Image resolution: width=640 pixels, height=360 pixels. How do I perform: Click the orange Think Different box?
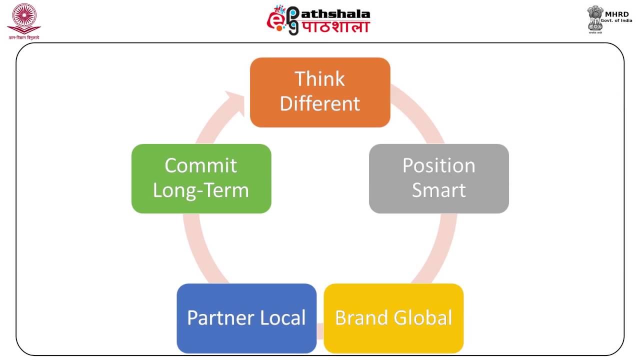320,92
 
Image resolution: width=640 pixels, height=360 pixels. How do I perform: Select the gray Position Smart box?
438,178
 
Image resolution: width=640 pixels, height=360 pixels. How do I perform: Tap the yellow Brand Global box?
393,318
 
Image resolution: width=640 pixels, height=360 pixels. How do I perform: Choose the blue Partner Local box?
246,318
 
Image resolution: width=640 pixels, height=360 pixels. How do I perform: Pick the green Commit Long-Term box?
201,178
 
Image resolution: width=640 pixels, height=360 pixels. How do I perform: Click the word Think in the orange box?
319,79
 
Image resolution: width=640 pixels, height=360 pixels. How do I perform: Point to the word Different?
320,104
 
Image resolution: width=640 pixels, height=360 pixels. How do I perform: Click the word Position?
438,166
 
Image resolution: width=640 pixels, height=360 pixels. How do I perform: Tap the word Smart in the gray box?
438,190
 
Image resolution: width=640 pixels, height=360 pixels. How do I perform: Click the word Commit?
200,166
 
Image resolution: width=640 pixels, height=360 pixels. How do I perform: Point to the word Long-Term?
200,190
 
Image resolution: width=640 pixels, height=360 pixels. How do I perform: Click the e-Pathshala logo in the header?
318,20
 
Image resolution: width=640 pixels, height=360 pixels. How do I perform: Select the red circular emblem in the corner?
23,18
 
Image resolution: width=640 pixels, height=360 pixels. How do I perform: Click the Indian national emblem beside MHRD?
595,19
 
